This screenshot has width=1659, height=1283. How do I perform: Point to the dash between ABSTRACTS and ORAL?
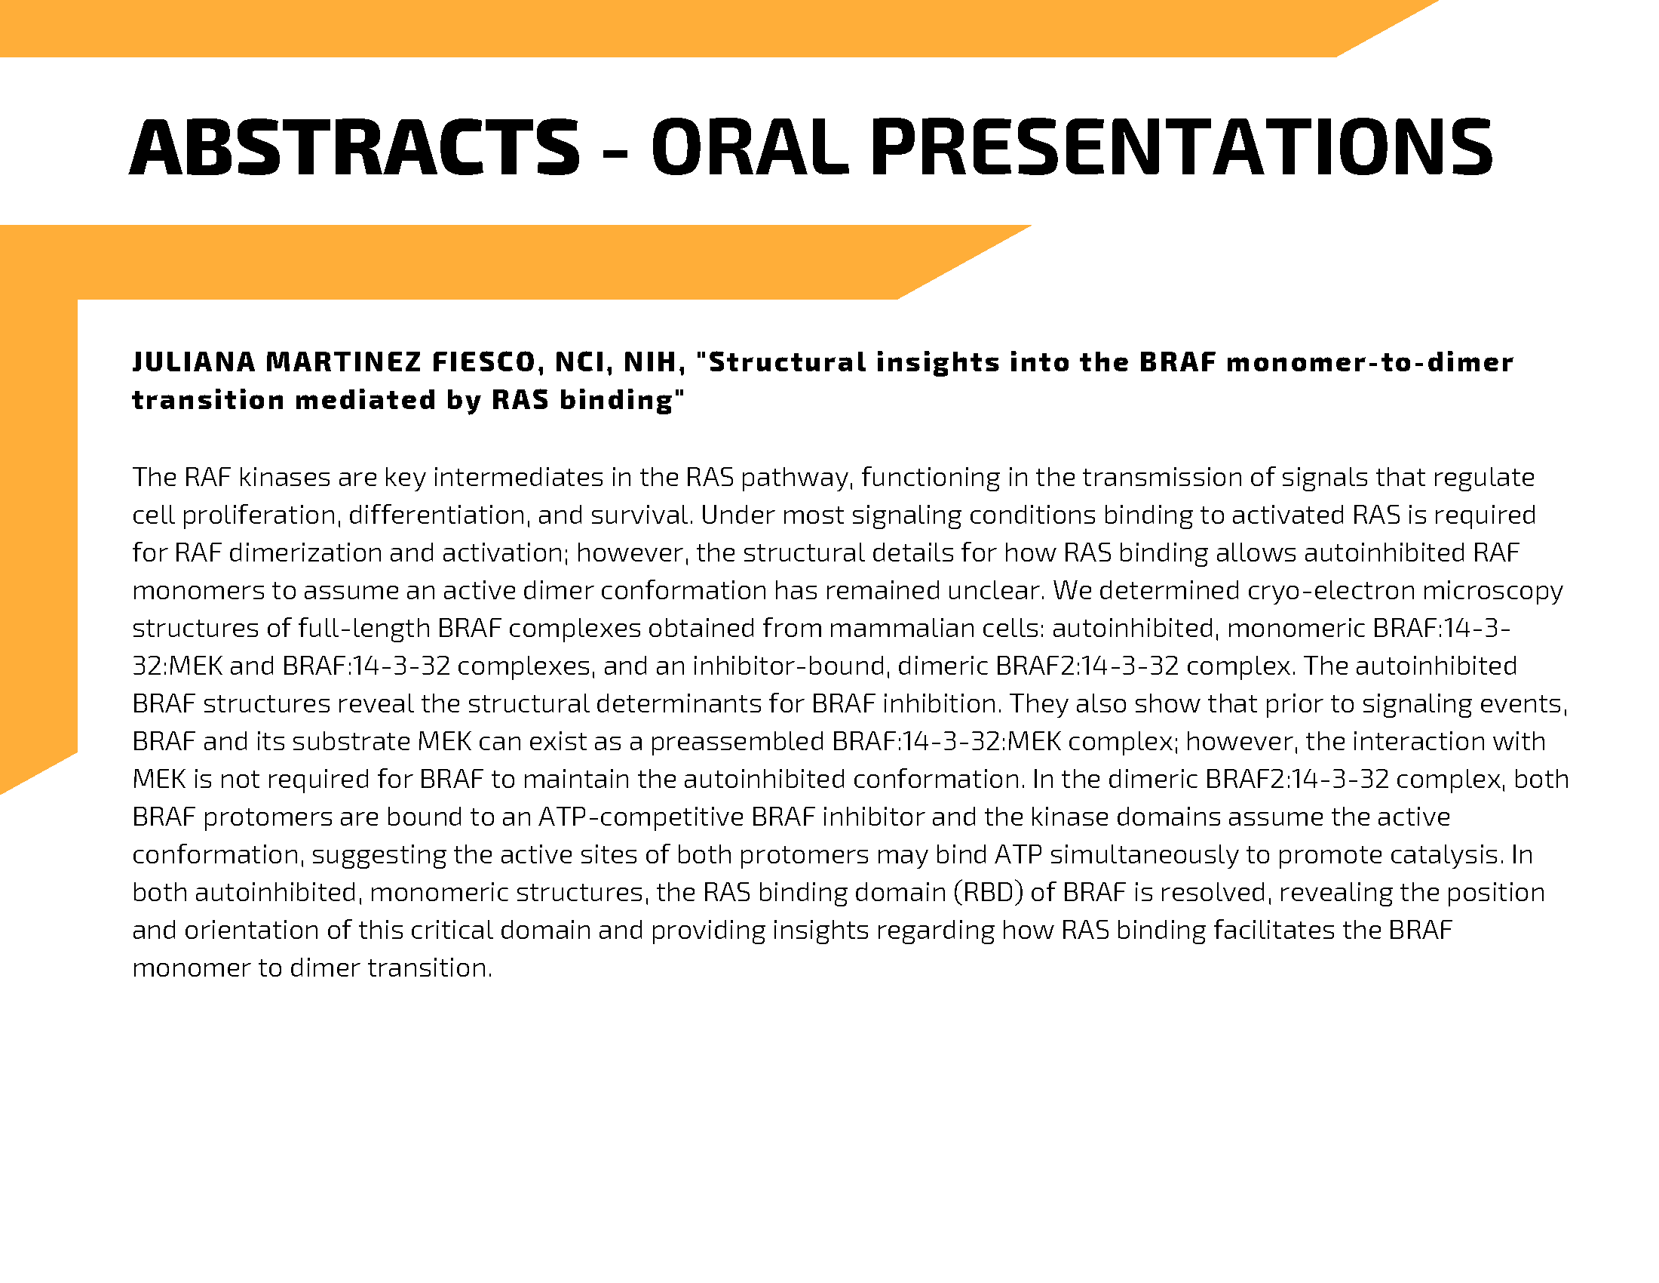(x=615, y=151)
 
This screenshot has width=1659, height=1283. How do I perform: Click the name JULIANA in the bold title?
(x=194, y=362)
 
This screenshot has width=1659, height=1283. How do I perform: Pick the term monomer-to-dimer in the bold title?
(x=1369, y=362)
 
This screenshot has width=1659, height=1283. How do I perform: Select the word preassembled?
(x=736, y=742)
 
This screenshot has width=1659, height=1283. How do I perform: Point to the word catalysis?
(x=1446, y=855)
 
